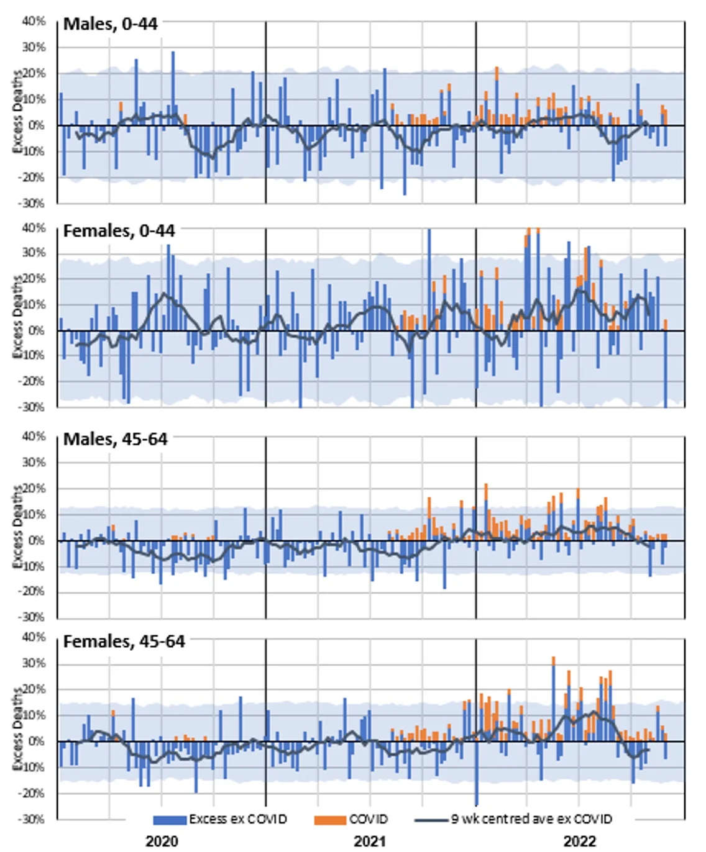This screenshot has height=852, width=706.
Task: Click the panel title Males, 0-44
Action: pos(111,24)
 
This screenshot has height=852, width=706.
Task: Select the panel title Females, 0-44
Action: pos(119,231)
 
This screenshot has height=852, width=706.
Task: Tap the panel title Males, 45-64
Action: pos(116,439)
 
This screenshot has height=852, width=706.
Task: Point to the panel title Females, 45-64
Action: pos(124,641)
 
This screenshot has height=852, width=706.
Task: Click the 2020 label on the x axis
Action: pos(162,841)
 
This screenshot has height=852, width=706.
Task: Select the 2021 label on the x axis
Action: pos(370,841)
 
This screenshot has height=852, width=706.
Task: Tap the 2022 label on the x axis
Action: pos(579,841)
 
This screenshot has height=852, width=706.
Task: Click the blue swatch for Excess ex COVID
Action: pos(170,820)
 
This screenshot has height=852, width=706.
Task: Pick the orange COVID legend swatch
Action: pos(330,820)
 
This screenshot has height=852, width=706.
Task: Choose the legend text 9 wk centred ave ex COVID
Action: pos(531,819)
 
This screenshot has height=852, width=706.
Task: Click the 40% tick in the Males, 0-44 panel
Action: pos(34,21)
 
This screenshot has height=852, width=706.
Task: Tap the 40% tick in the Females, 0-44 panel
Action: pos(34,228)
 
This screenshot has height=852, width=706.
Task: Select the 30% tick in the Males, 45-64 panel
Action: pos(34,463)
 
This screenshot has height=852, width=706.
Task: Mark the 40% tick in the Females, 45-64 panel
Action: pos(34,637)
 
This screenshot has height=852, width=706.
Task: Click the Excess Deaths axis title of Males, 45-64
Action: pos(17,527)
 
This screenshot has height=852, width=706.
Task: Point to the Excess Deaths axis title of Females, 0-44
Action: pos(17,317)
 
